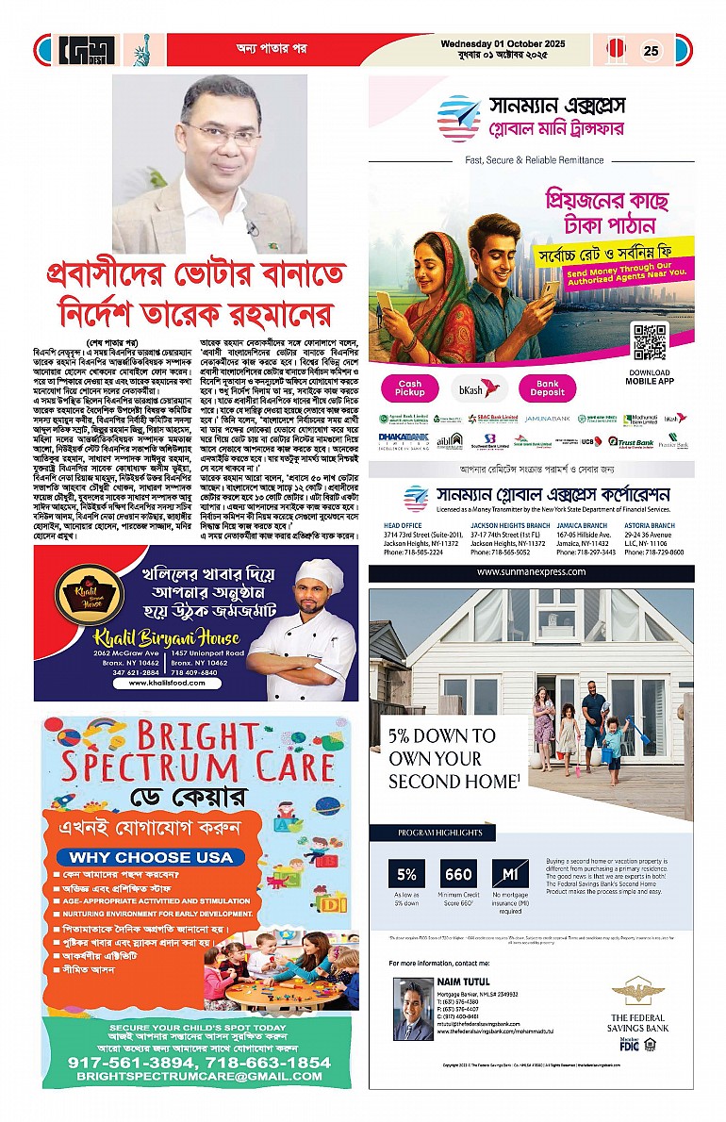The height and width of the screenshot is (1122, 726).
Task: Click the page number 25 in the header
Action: (x=651, y=51)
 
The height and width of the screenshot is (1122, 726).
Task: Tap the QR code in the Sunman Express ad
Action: (x=650, y=341)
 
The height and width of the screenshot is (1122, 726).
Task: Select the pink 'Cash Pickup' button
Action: (x=410, y=388)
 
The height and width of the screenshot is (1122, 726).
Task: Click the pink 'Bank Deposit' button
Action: (x=548, y=388)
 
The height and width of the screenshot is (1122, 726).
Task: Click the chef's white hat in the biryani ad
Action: (x=320, y=574)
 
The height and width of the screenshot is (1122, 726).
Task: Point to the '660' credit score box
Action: (x=459, y=874)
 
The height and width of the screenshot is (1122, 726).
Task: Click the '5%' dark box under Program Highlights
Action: (x=406, y=874)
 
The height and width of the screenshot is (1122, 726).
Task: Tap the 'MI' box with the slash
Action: (x=510, y=874)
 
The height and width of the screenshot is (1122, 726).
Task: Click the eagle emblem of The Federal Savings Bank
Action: (x=638, y=991)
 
